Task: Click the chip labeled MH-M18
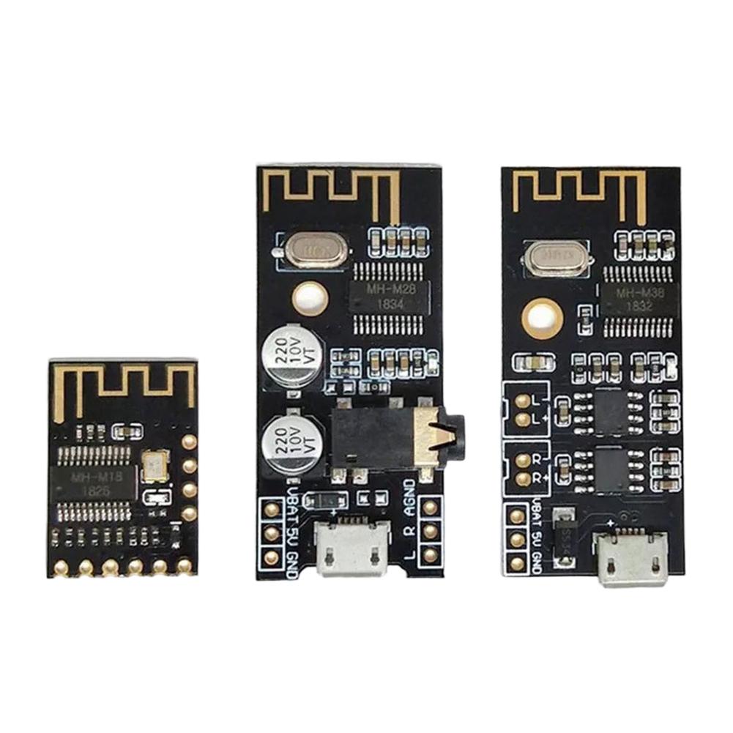point(93,484)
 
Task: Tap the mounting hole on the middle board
point(310,299)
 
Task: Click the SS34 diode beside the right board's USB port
point(564,538)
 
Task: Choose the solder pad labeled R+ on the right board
point(522,478)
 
